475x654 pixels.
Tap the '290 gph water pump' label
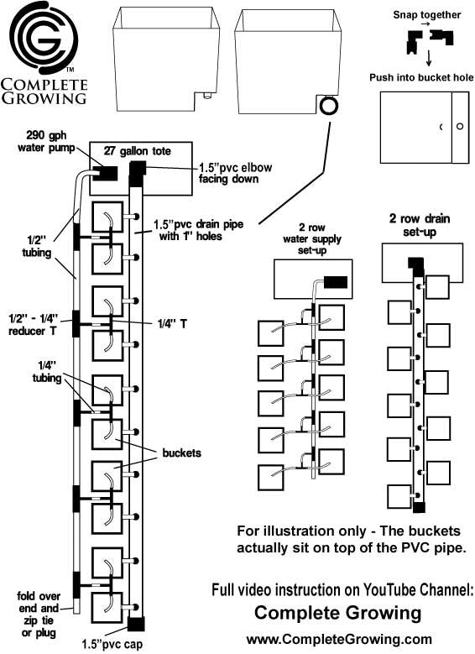point(46,141)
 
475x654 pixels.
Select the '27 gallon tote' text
point(137,150)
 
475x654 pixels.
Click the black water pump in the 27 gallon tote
point(105,173)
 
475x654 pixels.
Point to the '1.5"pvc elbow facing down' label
point(235,173)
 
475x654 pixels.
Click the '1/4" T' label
point(172,323)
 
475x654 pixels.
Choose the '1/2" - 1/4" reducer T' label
point(33,326)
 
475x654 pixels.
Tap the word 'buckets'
point(181,453)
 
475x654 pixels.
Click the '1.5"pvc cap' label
point(112,644)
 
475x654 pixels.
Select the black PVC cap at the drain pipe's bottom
point(136,624)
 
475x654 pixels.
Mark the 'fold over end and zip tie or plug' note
point(39,614)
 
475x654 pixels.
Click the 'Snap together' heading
point(426,15)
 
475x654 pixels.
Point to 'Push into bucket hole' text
point(421,77)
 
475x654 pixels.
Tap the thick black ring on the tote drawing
point(329,107)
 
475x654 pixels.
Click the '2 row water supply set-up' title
point(312,239)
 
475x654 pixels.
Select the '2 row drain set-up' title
point(420,225)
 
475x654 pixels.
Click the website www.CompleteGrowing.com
point(339,640)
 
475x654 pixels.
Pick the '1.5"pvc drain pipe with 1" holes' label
point(198,230)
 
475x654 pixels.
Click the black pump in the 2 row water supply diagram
point(336,282)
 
